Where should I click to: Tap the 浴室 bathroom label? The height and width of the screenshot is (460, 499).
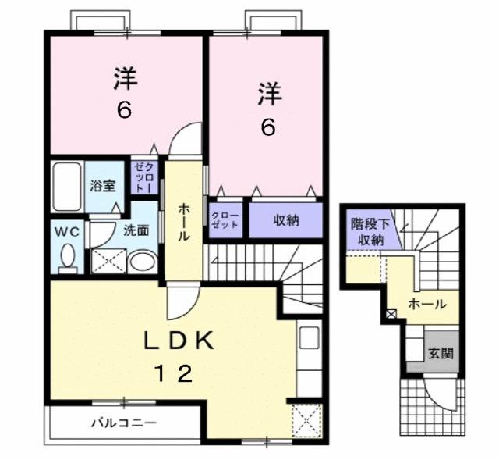103,186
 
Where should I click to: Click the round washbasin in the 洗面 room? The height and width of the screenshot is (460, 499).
141,261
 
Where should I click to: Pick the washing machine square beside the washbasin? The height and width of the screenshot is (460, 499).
107,260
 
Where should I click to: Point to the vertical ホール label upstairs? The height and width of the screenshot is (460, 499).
183,223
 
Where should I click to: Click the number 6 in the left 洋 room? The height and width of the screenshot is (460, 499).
125,110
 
